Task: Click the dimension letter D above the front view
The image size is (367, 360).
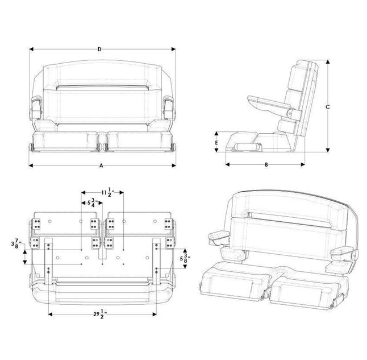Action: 99,49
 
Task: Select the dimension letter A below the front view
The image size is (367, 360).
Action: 101,165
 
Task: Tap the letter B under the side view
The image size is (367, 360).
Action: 266,164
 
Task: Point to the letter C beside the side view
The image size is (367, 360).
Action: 328,106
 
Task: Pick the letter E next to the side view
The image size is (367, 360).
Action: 216,142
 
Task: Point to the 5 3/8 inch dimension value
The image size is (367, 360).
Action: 185,257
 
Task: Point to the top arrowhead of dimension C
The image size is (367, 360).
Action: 327,61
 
